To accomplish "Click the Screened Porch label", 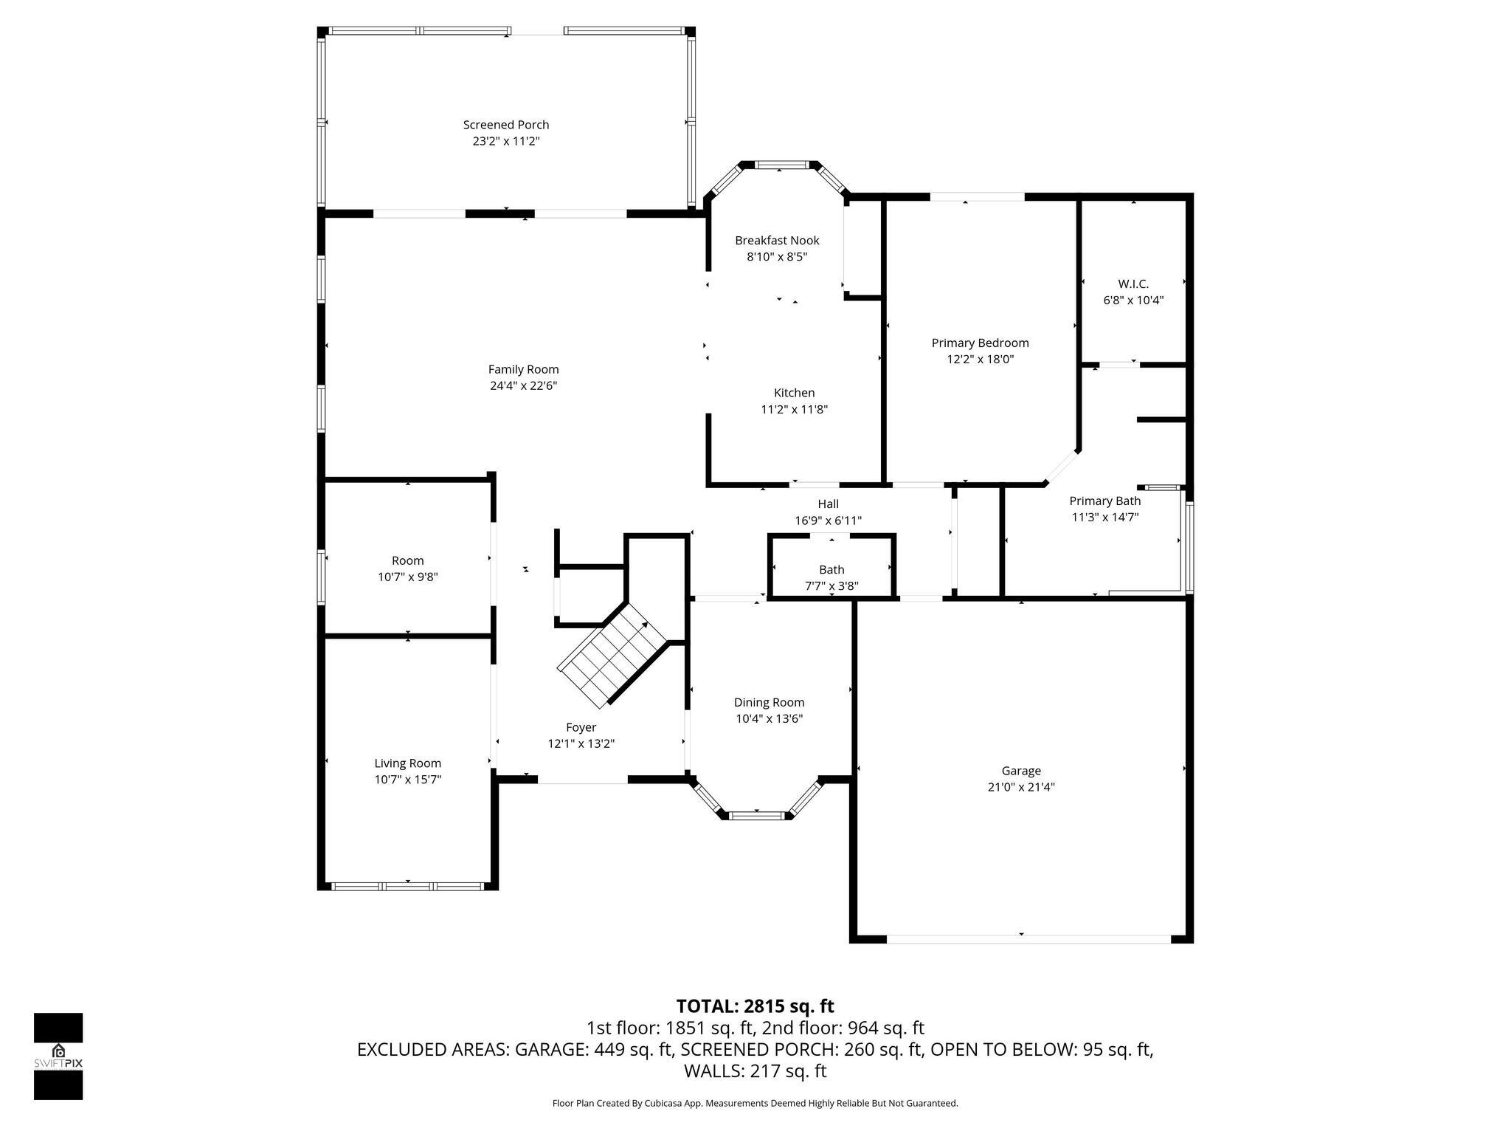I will tap(505, 125).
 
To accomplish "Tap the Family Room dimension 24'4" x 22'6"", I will tap(523, 385).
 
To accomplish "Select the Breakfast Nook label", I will tap(777, 241).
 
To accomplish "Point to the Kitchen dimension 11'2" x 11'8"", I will tap(794, 409).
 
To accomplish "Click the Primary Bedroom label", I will tap(980, 343).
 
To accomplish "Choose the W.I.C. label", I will tap(1133, 283).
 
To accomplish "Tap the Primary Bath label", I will tap(1104, 501).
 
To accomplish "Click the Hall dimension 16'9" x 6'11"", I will tap(828, 520).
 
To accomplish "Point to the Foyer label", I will tap(581, 727).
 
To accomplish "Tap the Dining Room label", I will tap(769, 702).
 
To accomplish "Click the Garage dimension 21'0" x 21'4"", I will tap(1021, 787).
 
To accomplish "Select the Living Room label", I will tap(407, 763).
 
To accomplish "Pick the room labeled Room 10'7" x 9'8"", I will tap(407, 568).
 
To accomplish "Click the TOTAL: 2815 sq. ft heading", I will tap(755, 1006).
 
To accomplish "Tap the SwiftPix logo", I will tap(58, 1056).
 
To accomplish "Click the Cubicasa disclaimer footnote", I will tap(755, 1104).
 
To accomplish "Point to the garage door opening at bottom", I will tap(1028, 939).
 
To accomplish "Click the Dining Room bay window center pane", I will tap(755, 816).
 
